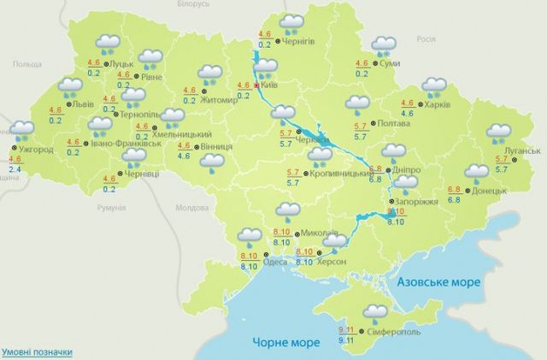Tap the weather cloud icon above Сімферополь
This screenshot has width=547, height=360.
[374, 311]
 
